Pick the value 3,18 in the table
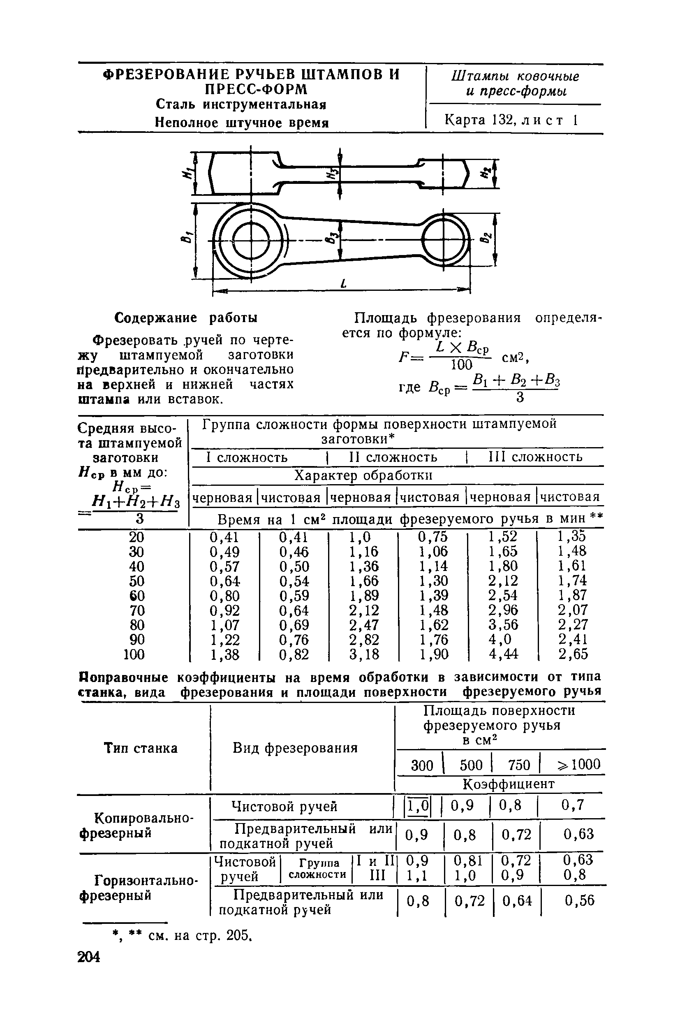[364, 654]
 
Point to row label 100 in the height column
[134, 654]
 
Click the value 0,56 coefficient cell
[579, 901]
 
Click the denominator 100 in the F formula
[461, 364]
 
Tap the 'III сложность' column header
[535, 457]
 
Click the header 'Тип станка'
[141, 748]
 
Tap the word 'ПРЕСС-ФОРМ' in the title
[256, 89]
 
